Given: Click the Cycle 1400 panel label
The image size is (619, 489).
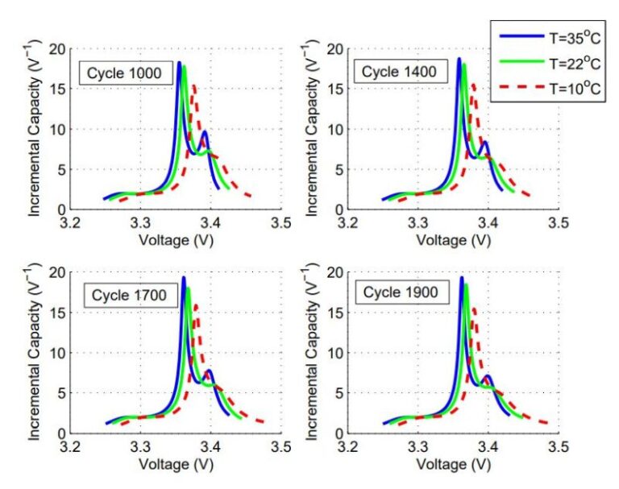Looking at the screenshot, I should coord(398,72).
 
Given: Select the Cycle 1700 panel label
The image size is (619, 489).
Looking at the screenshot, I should coord(128,296).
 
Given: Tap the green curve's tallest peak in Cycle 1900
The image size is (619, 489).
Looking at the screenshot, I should coord(466,284).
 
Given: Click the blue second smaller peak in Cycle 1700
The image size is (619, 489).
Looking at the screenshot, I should coord(210,371).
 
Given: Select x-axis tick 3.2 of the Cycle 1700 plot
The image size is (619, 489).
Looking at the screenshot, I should coord(73,445).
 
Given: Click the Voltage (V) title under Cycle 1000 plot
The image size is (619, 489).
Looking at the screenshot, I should coord(176,239).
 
